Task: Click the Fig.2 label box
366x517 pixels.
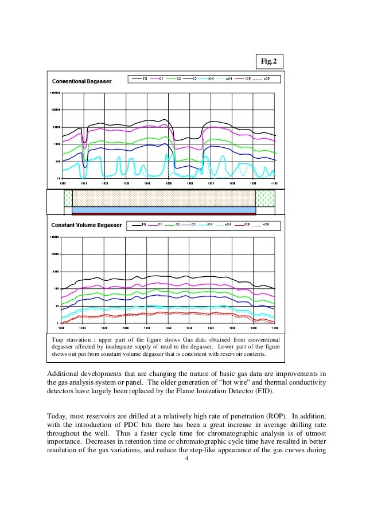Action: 269,61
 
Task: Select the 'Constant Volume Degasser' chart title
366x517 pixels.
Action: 87,225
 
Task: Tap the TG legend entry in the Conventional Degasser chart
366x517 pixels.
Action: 140,79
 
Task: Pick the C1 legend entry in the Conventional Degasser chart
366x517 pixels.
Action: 157,79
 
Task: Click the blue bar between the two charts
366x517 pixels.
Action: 163,210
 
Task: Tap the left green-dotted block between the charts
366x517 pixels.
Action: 68,198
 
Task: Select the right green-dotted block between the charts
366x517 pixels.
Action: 264,198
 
